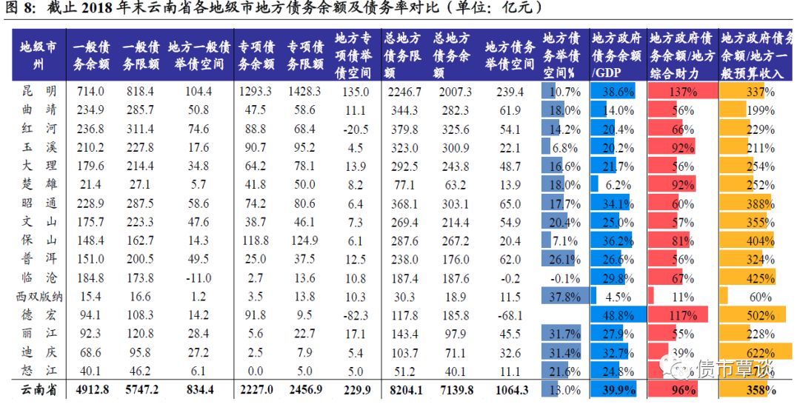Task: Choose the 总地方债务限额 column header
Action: [x=403, y=55]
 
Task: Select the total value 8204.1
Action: [x=403, y=390]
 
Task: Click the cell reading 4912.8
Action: [x=91, y=390]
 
